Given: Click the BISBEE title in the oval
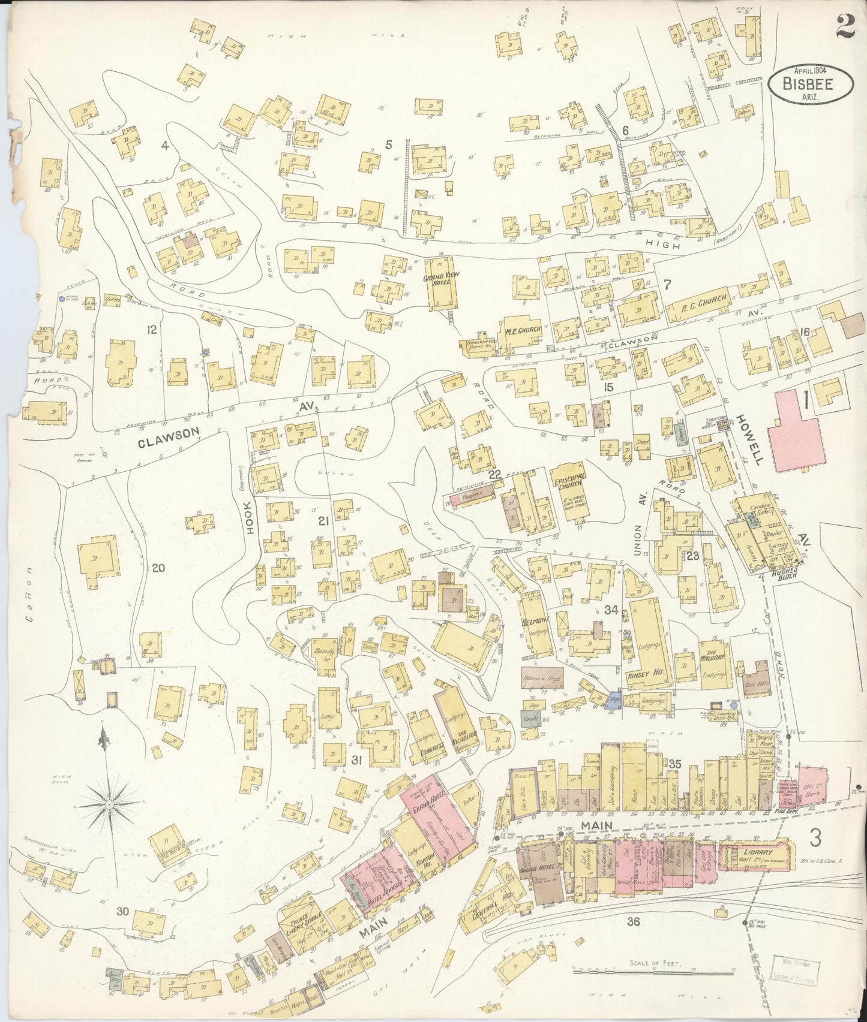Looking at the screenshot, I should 809,83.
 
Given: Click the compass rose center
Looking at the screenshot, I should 110,802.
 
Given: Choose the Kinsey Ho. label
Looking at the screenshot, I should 642,674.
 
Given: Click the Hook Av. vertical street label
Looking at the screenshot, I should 251,516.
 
